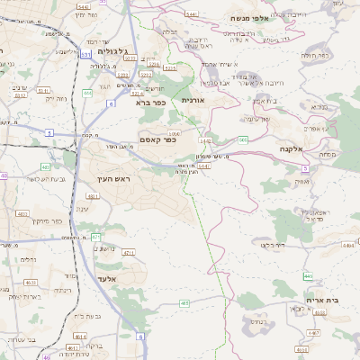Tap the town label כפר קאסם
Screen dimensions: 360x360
158,139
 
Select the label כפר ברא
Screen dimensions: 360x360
150,103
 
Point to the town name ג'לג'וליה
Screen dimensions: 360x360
112,50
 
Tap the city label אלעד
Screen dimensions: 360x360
131,280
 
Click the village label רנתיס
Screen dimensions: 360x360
257,320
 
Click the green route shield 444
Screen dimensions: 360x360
87,93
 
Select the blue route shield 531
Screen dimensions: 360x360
85,56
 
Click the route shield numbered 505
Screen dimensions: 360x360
244,139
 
